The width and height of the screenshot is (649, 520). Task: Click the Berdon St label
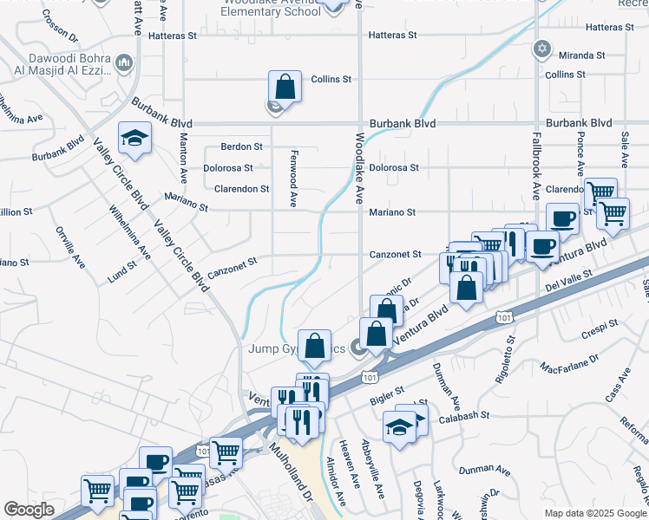coord(241,146)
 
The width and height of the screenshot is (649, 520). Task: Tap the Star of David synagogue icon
coord(542,49)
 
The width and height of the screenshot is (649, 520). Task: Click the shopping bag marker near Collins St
coord(285,87)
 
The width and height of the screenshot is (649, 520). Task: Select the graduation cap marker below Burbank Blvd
coord(134,139)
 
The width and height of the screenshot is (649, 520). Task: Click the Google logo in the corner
coord(29,510)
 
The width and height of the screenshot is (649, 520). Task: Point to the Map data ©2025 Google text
coord(595,512)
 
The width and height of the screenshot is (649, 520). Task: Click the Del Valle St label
coord(568,277)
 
